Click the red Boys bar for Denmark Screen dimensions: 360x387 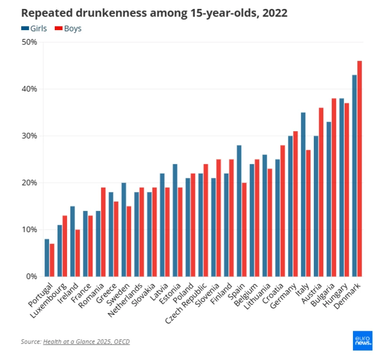tap(360, 168)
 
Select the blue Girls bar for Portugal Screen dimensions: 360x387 tap(47, 258)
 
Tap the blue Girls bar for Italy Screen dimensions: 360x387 tap(303, 194)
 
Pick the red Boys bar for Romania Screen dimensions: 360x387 tap(103, 232)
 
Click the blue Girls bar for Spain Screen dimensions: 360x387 tap(239, 210)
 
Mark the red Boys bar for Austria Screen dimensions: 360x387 tap(321, 192)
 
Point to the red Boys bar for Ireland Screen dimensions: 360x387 tap(77, 253)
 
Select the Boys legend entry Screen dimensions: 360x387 tap(68, 28)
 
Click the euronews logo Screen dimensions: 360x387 tap(362, 341)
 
